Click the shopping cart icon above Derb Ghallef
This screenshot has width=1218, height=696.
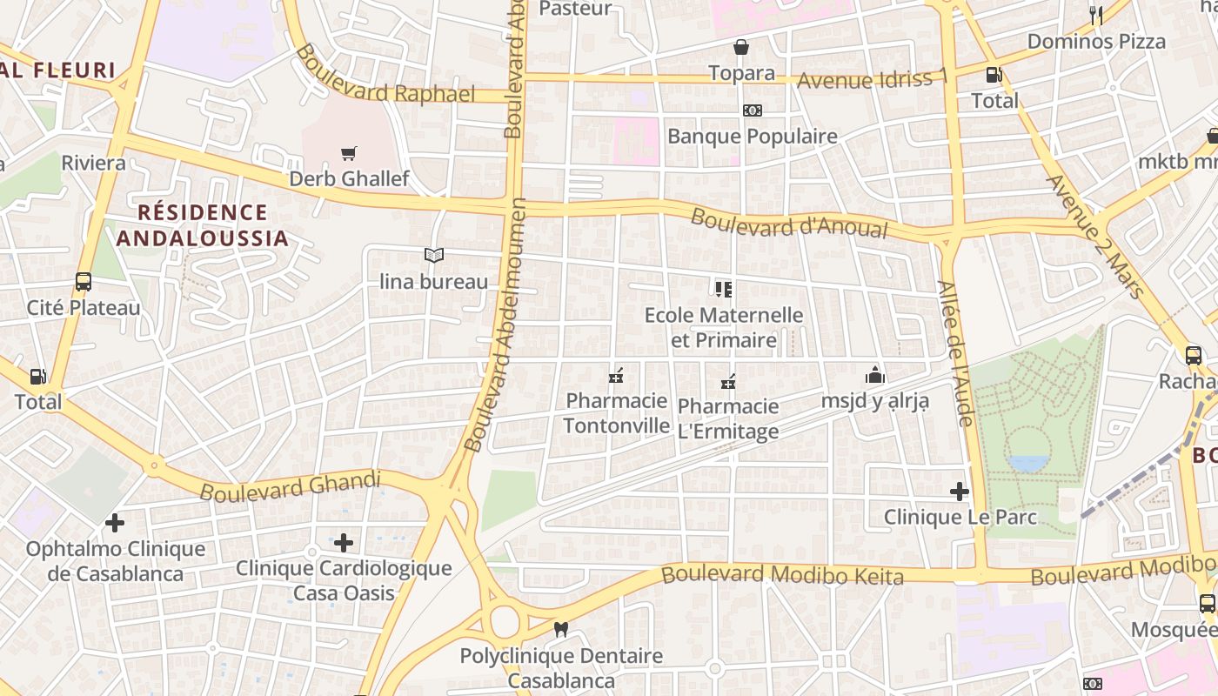[349, 154]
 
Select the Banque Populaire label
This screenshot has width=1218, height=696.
[752, 137]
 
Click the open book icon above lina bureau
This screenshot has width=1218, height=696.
[433, 255]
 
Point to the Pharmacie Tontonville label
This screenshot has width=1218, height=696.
[617, 413]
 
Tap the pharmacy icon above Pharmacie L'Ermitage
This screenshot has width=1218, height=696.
[728, 382]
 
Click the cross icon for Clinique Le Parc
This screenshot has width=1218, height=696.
[960, 492]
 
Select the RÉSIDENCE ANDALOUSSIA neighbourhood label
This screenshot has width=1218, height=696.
[202, 225]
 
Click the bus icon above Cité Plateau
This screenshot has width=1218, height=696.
[84, 282]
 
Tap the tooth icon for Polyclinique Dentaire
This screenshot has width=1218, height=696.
[561, 629]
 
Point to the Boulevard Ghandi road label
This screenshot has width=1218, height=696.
[291, 486]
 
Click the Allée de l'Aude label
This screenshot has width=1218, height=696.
[954, 352]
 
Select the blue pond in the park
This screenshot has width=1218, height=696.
[1028, 463]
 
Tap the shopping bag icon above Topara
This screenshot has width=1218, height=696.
[741, 47]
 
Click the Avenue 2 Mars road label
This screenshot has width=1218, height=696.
[1095, 236]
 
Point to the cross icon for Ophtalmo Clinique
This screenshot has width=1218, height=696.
[114, 523]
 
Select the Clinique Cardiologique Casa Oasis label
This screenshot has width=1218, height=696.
[344, 580]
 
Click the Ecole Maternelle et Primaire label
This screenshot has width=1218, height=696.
[723, 327]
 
